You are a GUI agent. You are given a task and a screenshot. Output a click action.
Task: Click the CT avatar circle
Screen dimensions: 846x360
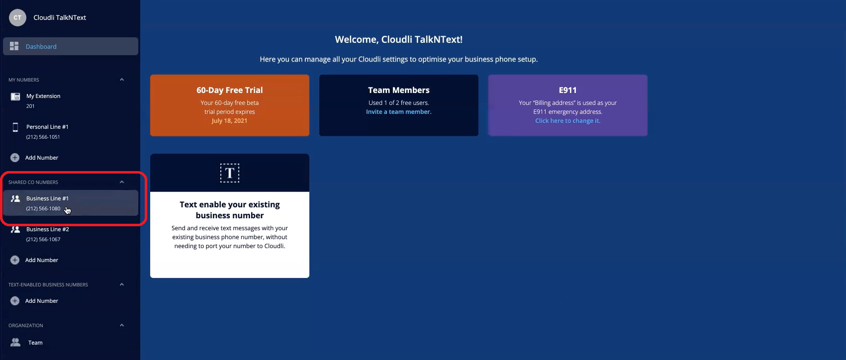tap(17, 18)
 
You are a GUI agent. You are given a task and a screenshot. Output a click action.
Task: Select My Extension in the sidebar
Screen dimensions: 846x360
tap(43, 96)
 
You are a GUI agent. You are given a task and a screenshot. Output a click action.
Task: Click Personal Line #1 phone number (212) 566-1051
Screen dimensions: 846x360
tap(43, 137)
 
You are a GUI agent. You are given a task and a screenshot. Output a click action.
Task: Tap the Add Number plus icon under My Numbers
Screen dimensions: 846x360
tap(15, 158)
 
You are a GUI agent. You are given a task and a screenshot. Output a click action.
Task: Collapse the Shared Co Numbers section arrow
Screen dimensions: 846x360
tap(122, 182)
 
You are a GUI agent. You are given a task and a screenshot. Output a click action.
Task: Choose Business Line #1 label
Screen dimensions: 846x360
tap(48, 198)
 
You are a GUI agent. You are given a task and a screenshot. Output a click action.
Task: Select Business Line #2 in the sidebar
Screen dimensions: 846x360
tap(48, 229)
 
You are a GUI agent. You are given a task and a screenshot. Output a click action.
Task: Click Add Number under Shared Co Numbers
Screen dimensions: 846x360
tap(42, 260)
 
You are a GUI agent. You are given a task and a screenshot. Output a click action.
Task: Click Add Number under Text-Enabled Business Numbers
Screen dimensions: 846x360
tap(42, 301)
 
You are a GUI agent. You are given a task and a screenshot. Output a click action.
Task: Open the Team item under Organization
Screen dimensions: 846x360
tap(35, 343)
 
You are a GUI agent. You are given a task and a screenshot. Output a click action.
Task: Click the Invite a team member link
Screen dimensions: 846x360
tap(398, 112)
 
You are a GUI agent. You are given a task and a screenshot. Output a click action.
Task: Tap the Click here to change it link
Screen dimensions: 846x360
tap(567, 121)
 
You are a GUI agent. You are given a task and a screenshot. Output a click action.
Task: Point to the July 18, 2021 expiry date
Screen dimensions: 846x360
tap(229, 121)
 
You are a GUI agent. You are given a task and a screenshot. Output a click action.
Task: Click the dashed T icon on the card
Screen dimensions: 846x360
tap(230, 173)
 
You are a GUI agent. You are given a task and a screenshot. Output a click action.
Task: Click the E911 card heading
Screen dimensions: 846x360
tap(567, 90)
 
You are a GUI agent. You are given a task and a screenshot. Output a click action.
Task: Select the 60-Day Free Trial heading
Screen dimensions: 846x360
tap(230, 90)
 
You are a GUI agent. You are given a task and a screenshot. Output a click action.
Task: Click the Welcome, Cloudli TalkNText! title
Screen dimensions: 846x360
tap(398, 39)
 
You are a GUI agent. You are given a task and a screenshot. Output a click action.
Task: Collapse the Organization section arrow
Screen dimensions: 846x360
tap(122, 325)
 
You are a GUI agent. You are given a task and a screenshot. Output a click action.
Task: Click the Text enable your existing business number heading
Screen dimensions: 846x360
tap(230, 210)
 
